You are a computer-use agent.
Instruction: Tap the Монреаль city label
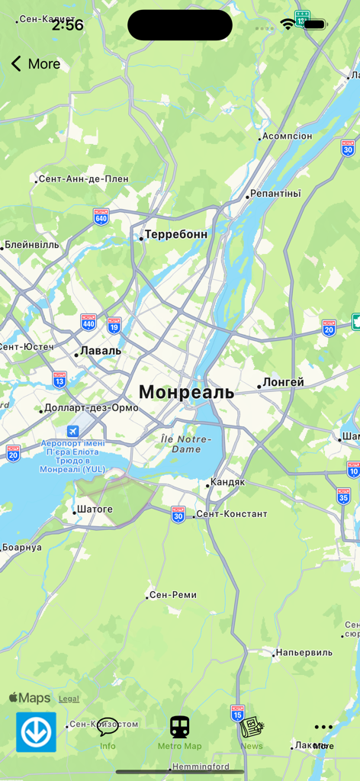(186, 392)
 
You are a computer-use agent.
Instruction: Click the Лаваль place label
(100, 351)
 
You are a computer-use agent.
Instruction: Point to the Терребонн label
(175, 234)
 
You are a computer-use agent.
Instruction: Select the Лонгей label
(283, 382)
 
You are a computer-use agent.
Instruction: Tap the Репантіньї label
(275, 194)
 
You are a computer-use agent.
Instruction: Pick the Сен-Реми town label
(173, 595)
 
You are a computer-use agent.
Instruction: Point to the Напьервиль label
(304, 652)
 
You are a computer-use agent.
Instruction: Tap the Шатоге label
(95, 509)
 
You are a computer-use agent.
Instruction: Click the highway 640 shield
(101, 216)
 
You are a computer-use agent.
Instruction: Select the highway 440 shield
(88, 322)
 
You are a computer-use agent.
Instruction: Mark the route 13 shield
(59, 378)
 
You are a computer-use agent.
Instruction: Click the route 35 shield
(344, 496)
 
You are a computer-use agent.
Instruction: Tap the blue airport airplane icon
(72, 431)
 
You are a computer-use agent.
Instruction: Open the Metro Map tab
(180, 733)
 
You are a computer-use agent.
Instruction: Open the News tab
(252, 733)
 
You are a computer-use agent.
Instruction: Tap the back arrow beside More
(16, 64)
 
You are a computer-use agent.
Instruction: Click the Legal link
(69, 699)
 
